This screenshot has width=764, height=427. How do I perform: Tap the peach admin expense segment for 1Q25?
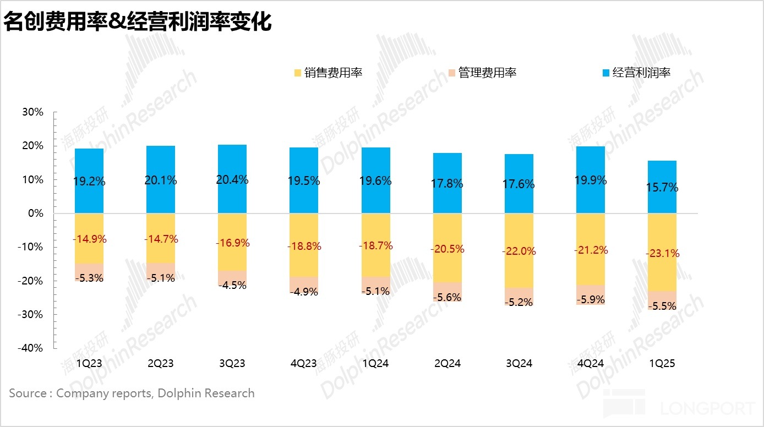coord(662,300)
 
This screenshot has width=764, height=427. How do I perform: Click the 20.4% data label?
coord(232,180)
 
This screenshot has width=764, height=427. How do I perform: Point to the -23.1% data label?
coord(662,254)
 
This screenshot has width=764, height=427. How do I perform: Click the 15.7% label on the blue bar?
coord(662,188)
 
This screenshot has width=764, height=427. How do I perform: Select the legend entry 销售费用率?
coord(328,73)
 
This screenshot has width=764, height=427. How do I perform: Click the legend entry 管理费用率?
coord(482,73)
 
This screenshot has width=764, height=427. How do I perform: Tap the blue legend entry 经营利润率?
coord(636,73)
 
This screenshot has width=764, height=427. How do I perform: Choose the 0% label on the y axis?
coord(35,214)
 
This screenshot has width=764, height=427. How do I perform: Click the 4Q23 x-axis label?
coord(303,364)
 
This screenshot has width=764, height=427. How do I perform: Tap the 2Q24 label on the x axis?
coord(446,364)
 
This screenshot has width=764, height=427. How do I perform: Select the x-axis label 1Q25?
coord(661,364)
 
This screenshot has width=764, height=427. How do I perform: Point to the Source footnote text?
coord(132,393)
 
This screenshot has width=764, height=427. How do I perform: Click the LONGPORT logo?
coord(679,403)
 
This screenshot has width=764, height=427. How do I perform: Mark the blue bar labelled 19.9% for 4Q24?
coord(590,165)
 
